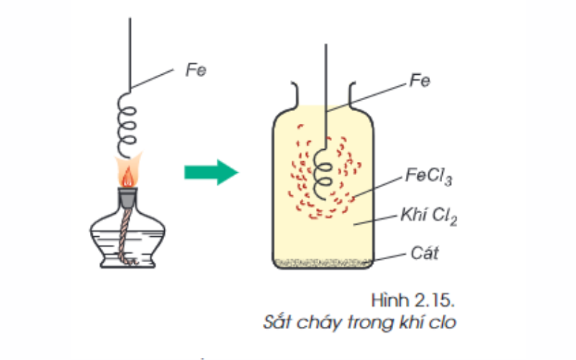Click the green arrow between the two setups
(210, 172)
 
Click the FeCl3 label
(428, 176)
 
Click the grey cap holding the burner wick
(127, 193)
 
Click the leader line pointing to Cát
(389, 256)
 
